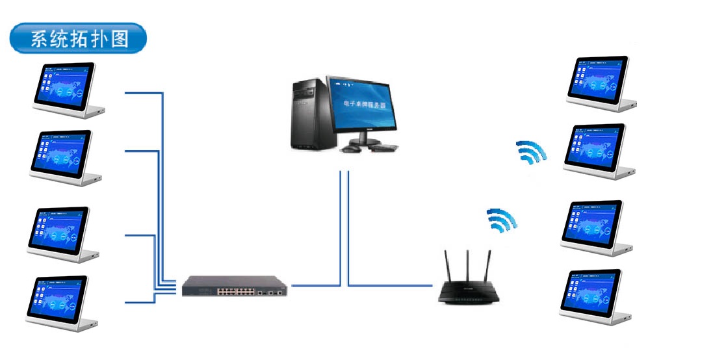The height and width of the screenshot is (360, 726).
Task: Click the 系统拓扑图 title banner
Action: [79, 39]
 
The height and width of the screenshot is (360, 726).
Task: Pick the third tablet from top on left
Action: [60, 232]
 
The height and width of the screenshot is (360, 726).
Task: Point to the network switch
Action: [233, 286]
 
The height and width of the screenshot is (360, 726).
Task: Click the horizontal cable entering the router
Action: [390, 286]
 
